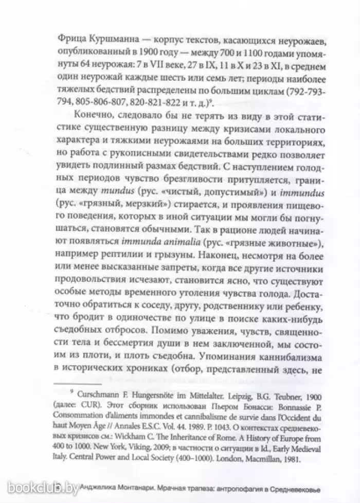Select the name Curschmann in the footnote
tap(98, 395)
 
